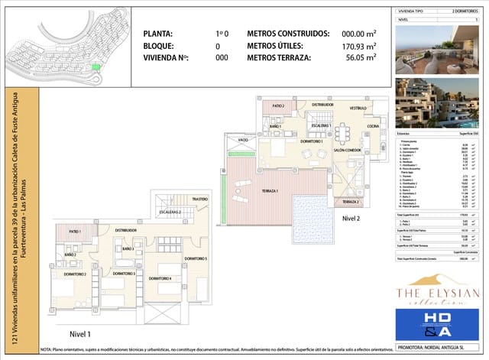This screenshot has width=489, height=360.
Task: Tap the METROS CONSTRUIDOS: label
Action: [288, 34]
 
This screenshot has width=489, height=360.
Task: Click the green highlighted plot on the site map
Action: [96, 67]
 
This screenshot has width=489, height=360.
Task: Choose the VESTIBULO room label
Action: [358, 109]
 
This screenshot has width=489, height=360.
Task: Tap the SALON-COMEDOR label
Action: [347, 151]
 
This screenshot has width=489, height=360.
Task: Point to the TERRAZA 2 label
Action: [348, 201]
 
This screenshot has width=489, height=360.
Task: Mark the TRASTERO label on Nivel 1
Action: [200, 199]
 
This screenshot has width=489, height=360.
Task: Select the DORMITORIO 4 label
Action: [159, 277]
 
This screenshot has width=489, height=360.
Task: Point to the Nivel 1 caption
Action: [81, 334]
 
